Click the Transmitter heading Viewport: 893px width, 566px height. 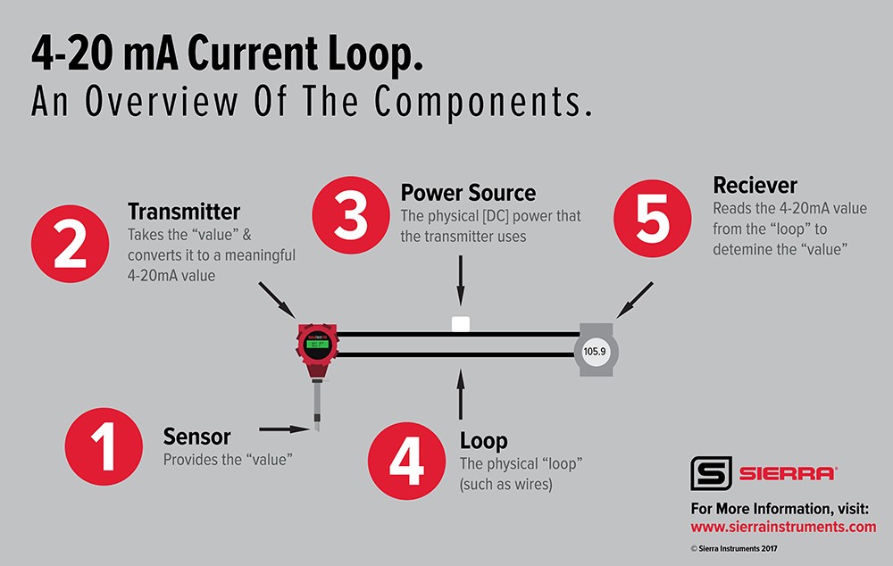tap(184, 212)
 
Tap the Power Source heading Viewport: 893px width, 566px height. tap(468, 192)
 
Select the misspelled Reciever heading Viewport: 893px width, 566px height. tap(755, 186)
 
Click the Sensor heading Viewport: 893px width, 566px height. tap(196, 437)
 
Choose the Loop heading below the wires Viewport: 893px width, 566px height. tap(483, 440)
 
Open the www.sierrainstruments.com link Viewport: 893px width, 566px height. tap(783, 527)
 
